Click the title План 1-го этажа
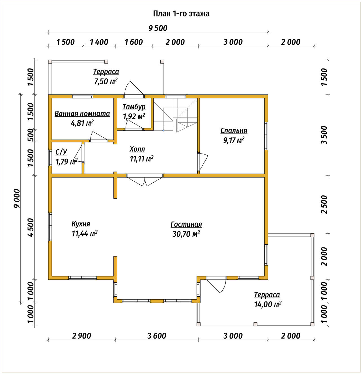(x=181, y=14)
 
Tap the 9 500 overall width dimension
(x=158, y=28)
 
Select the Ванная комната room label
(x=82, y=114)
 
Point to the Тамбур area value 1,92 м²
(x=134, y=116)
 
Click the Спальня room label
(x=234, y=131)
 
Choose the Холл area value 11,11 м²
(x=142, y=159)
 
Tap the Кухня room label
(x=81, y=224)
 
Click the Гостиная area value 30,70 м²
(x=186, y=234)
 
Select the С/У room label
(x=61, y=152)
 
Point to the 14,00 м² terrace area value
(x=268, y=304)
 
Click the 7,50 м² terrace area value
(x=106, y=81)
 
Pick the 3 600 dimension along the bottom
(x=157, y=336)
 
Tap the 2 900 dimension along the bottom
(x=81, y=336)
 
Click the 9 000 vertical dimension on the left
(x=17, y=198)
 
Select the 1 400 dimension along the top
(x=99, y=42)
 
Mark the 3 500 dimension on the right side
(x=324, y=135)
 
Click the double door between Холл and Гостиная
(x=145, y=180)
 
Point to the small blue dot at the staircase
(x=163, y=131)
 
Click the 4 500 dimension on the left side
(x=31, y=227)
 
